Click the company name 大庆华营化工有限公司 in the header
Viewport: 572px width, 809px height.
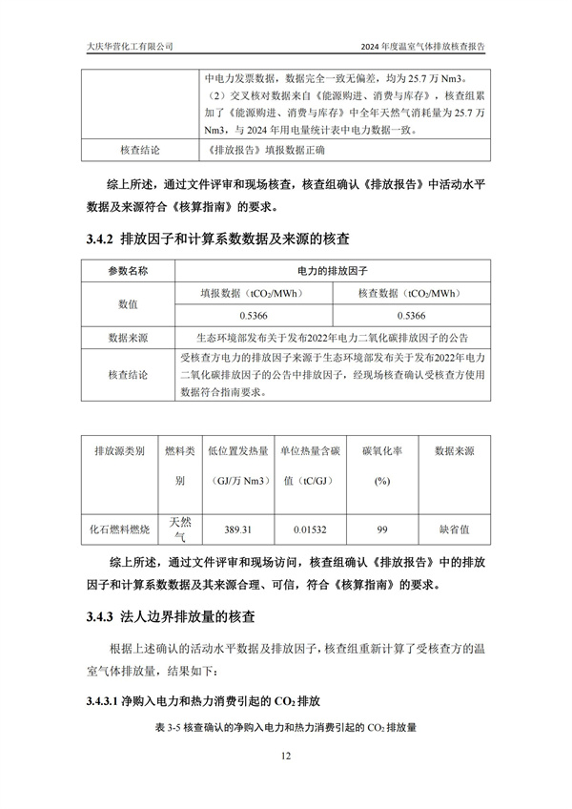[x=123, y=45]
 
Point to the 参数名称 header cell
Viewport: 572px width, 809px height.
[x=128, y=271]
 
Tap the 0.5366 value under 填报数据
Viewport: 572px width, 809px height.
[x=254, y=314]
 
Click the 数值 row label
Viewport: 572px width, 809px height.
[x=128, y=303]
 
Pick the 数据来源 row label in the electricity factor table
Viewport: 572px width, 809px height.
[x=128, y=337]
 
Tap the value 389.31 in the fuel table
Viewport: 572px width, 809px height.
[x=237, y=529]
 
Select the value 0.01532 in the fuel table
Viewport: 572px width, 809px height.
[x=310, y=529]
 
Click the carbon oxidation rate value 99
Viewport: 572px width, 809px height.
[x=381, y=529]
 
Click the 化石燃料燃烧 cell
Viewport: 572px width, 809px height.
[x=119, y=529]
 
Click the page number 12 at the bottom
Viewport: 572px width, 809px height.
[x=285, y=757]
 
